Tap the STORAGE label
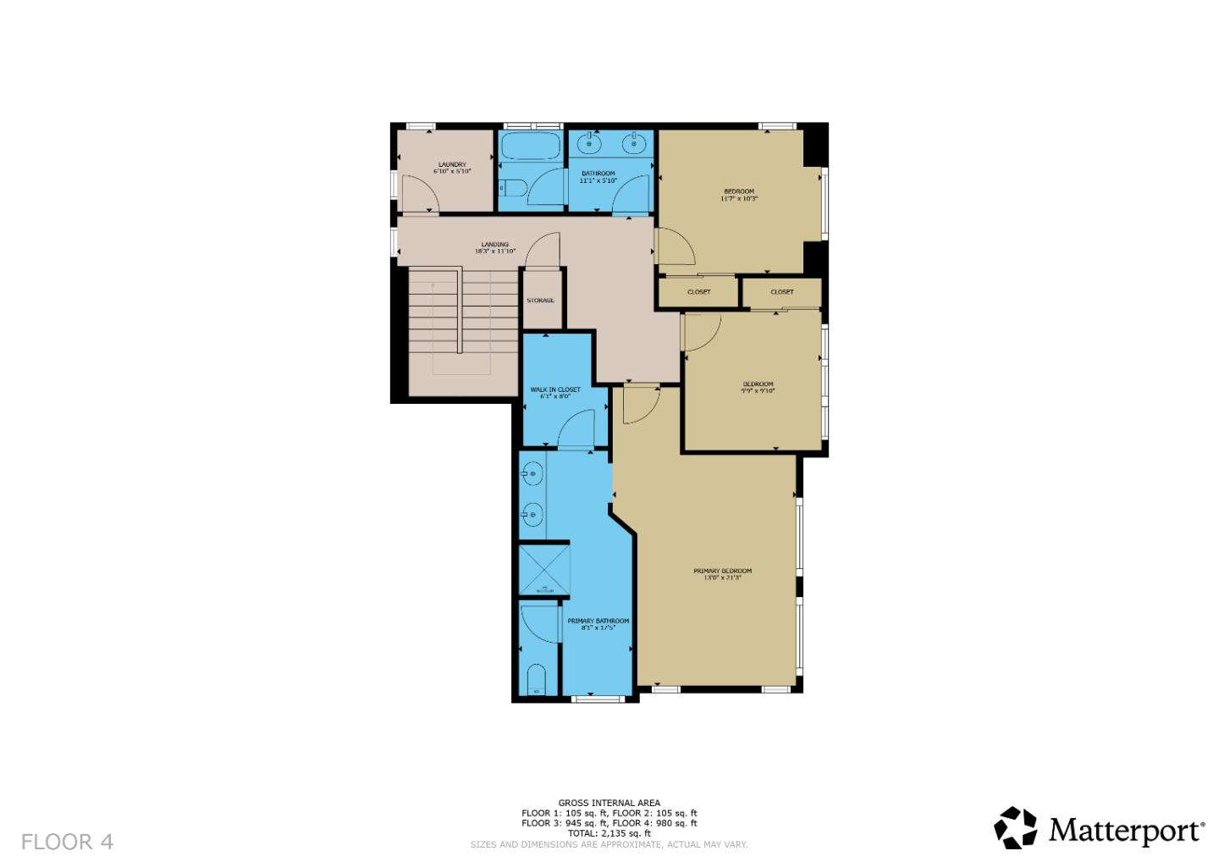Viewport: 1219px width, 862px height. [x=540, y=301]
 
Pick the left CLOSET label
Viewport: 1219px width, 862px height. [x=698, y=292]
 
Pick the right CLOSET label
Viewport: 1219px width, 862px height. [x=782, y=292]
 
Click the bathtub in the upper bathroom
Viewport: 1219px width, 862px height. [x=530, y=148]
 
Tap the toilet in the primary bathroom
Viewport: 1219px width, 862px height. [x=535, y=681]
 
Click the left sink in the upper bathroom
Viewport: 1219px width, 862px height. [x=589, y=144]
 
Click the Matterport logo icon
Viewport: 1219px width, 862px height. [x=1015, y=827]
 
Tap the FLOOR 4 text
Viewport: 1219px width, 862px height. [x=67, y=842]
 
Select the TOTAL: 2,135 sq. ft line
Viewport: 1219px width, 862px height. [x=609, y=833]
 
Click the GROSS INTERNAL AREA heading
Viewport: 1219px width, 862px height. [x=609, y=803]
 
